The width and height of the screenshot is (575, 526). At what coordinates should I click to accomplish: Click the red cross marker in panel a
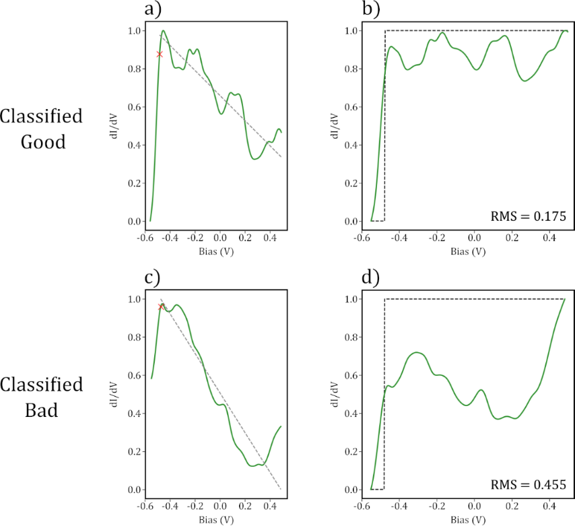pyautogui.click(x=160, y=54)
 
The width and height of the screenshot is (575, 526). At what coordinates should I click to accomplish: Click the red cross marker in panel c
pyautogui.click(x=161, y=307)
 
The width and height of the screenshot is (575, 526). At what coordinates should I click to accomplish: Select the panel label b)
pyautogui.click(x=372, y=9)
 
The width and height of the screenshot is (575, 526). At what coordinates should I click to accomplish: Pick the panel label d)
pyautogui.click(x=372, y=276)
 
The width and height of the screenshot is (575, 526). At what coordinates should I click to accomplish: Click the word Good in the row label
pyautogui.click(x=41, y=142)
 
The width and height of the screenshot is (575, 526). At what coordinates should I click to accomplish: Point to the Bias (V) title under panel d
pyautogui.click(x=469, y=520)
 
